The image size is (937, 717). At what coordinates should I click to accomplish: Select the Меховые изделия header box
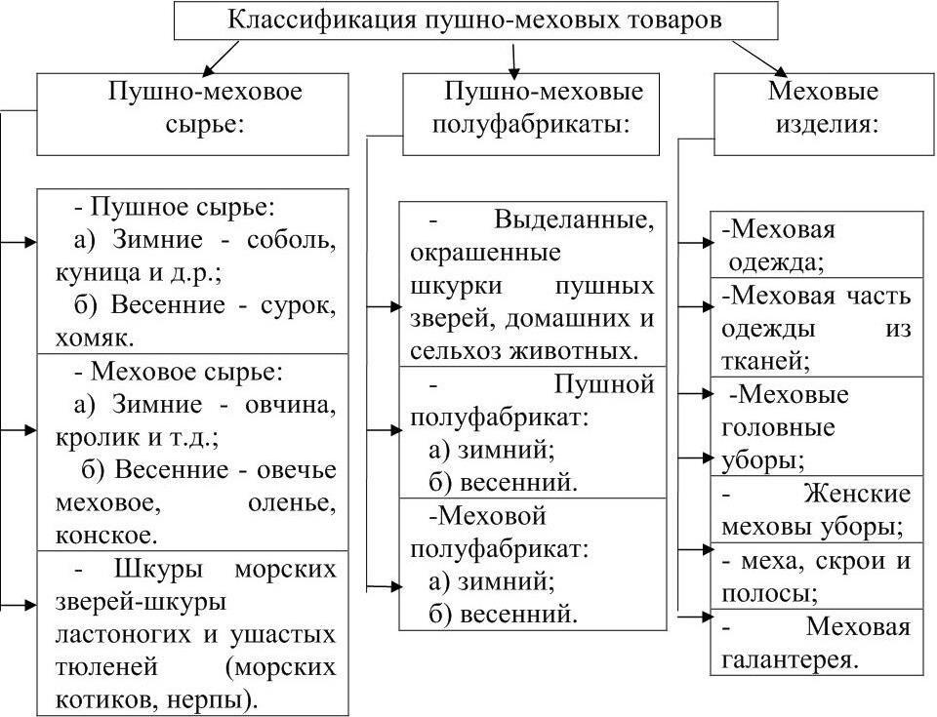pyautogui.click(x=824, y=114)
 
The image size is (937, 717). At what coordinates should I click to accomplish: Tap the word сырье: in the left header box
pyautogui.click(x=205, y=126)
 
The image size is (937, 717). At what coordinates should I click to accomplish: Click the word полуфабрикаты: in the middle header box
pyautogui.click(x=531, y=126)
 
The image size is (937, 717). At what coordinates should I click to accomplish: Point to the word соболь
pyautogui.click(x=291, y=240)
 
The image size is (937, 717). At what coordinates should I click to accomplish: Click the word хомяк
pyautogui.click(x=95, y=339)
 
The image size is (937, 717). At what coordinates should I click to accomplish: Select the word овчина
pyautogui.click(x=291, y=406)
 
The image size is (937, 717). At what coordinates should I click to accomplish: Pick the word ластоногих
pyautogui.click(x=123, y=634)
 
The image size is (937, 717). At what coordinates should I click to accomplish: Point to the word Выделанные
pyautogui.click(x=574, y=219)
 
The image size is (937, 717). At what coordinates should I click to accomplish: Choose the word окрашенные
pyautogui.click(x=486, y=253)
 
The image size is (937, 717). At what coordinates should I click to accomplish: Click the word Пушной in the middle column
pyautogui.click(x=604, y=384)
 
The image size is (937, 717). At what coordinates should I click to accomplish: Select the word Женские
pyautogui.click(x=857, y=495)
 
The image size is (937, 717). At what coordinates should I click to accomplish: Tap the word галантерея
pyautogui.click(x=790, y=660)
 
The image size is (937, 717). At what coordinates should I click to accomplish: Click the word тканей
pyautogui.click(x=765, y=362)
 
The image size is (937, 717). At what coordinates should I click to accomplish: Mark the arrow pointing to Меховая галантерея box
pyautogui.click(x=696, y=617)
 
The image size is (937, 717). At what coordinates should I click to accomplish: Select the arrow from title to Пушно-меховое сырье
pyautogui.click(x=221, y=58)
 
